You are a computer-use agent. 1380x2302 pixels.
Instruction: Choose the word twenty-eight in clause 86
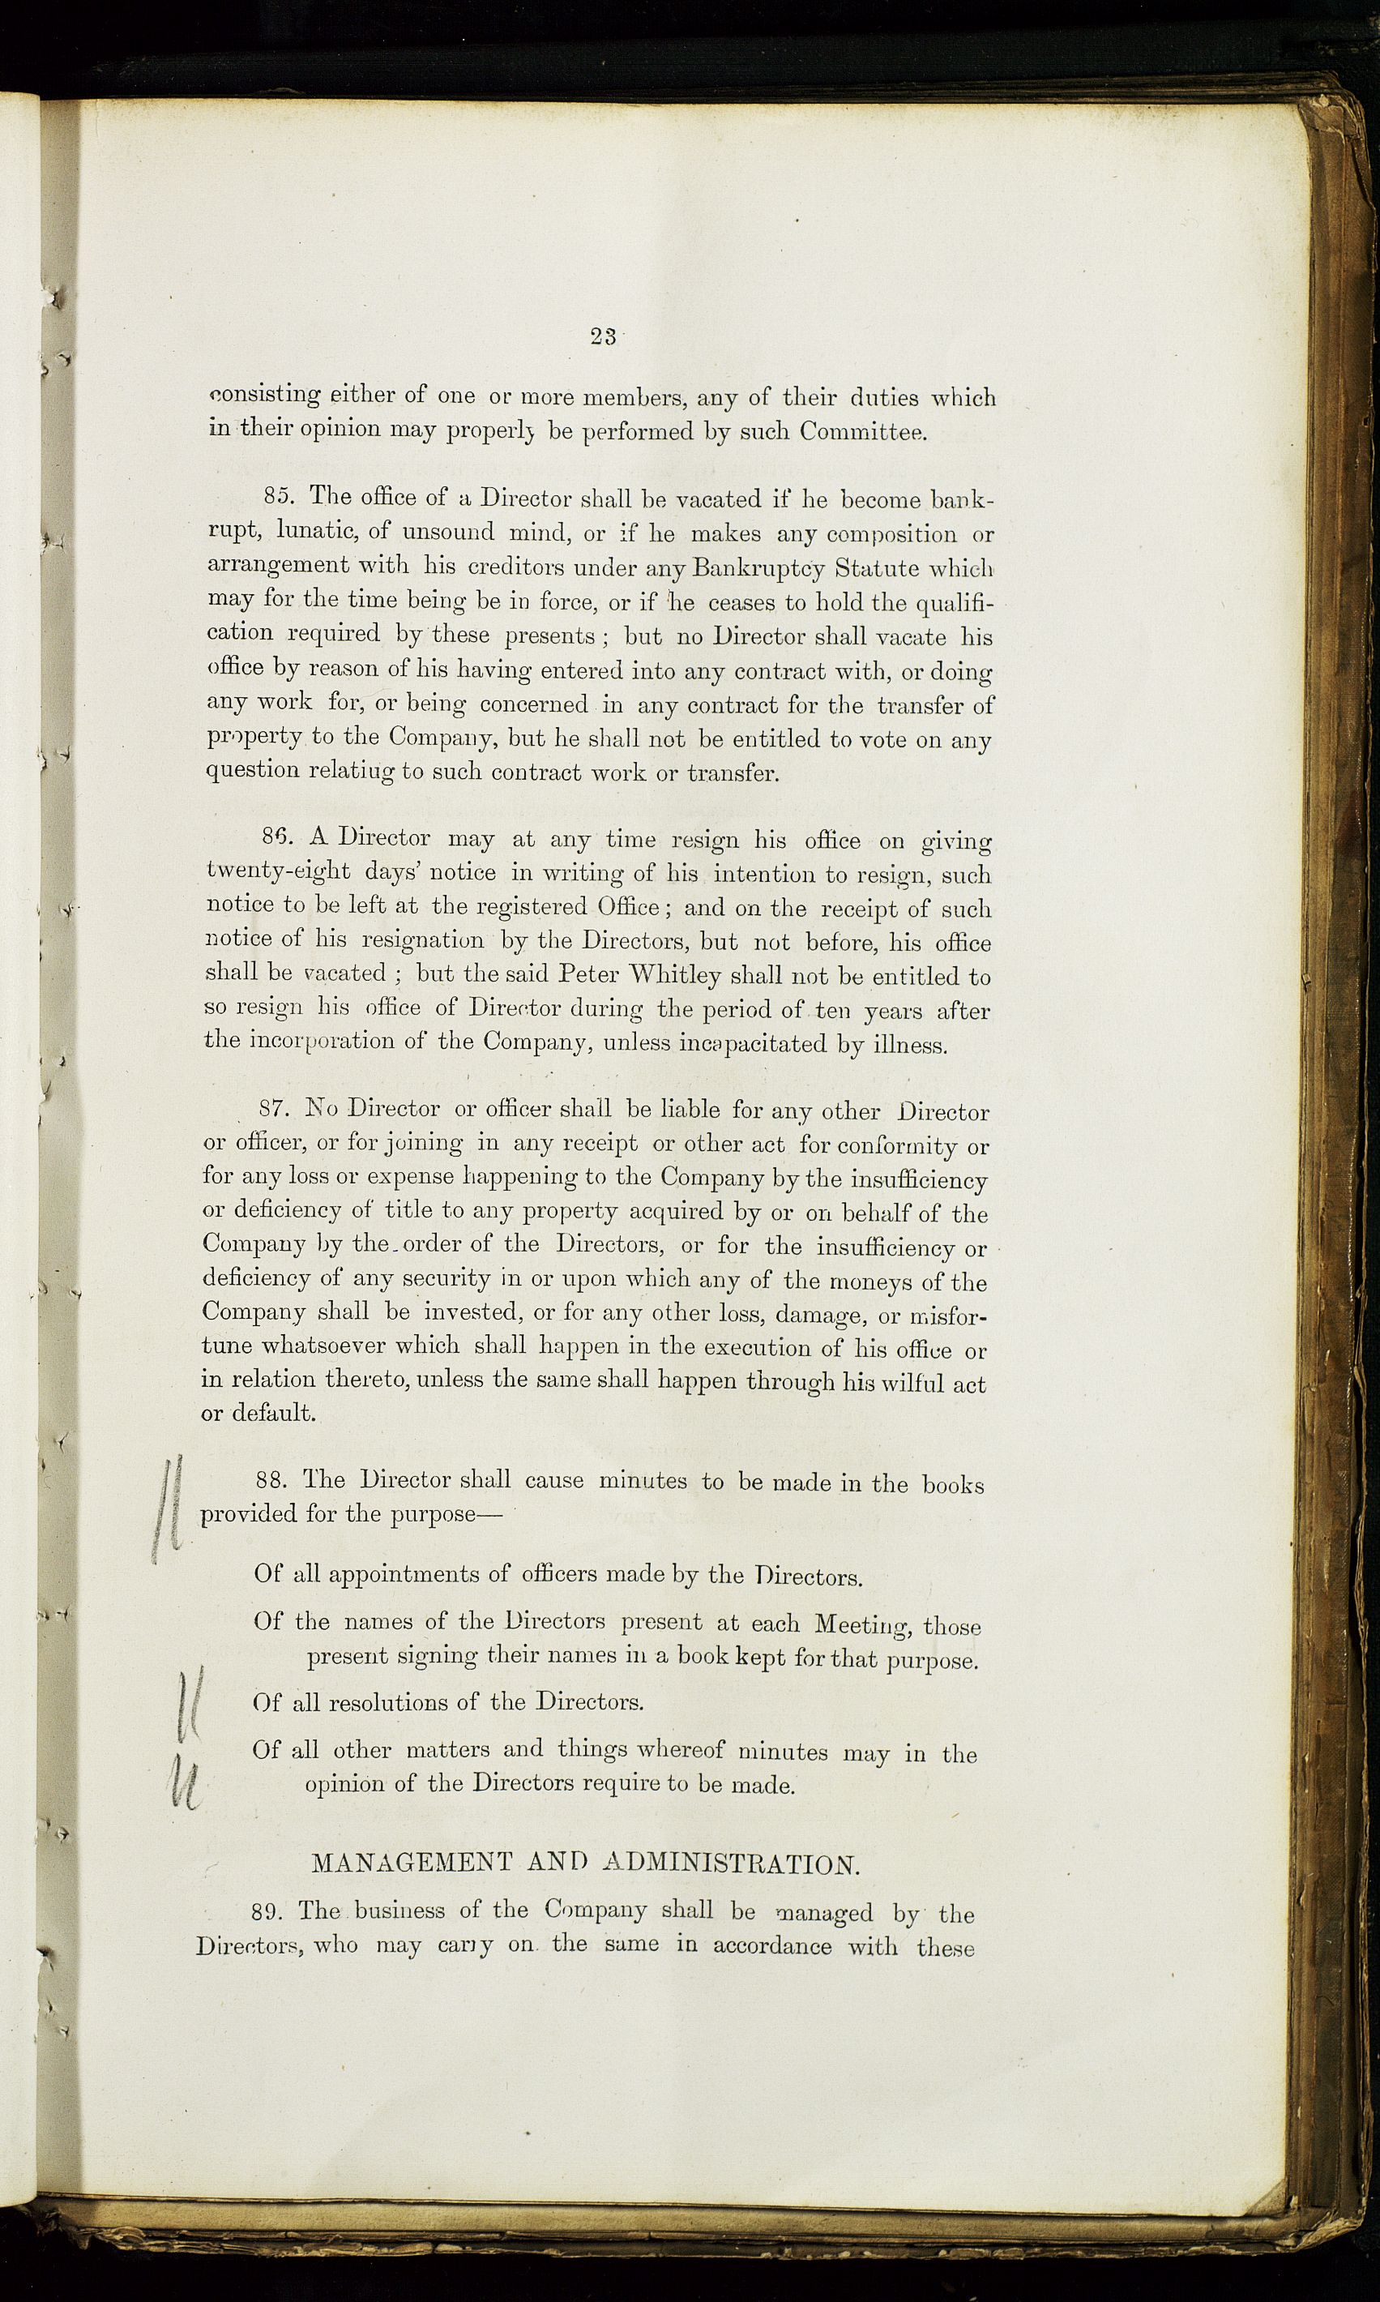(x=278, y=871)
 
